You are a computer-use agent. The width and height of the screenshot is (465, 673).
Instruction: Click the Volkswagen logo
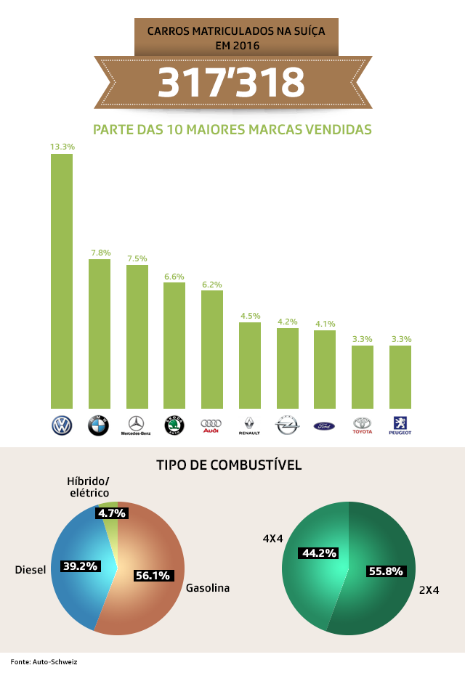(61, 425)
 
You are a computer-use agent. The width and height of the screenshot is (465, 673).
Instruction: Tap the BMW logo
(98, 425)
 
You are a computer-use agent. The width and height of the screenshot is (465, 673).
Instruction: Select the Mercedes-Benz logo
(136, 425)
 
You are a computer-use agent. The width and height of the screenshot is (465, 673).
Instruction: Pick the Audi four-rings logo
(211, 425)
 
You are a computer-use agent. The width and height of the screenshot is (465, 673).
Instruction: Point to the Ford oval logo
(324, 426)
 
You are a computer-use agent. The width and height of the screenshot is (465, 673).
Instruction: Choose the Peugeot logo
(400, 425)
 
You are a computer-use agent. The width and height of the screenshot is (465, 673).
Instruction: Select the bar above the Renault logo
(249, 365)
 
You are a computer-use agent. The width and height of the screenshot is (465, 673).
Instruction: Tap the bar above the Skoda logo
(174, 346)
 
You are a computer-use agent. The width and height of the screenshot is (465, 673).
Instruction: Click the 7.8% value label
(100, 253)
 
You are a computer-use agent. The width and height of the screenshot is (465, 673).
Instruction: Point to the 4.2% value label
(288, 322)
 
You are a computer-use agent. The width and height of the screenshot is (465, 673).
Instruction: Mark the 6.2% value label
(211, 285)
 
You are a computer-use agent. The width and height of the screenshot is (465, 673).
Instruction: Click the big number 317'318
(232, 83)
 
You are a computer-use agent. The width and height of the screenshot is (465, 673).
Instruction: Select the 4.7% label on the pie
(112, 513)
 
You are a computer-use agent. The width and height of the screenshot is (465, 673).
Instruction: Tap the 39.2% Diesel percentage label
(79, 566)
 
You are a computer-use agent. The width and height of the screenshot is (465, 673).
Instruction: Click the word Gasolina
(207, 588)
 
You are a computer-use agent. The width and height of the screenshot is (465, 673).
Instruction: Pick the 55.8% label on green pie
(385, 571)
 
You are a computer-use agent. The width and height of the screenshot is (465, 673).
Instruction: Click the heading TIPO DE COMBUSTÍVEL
(229, 465)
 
